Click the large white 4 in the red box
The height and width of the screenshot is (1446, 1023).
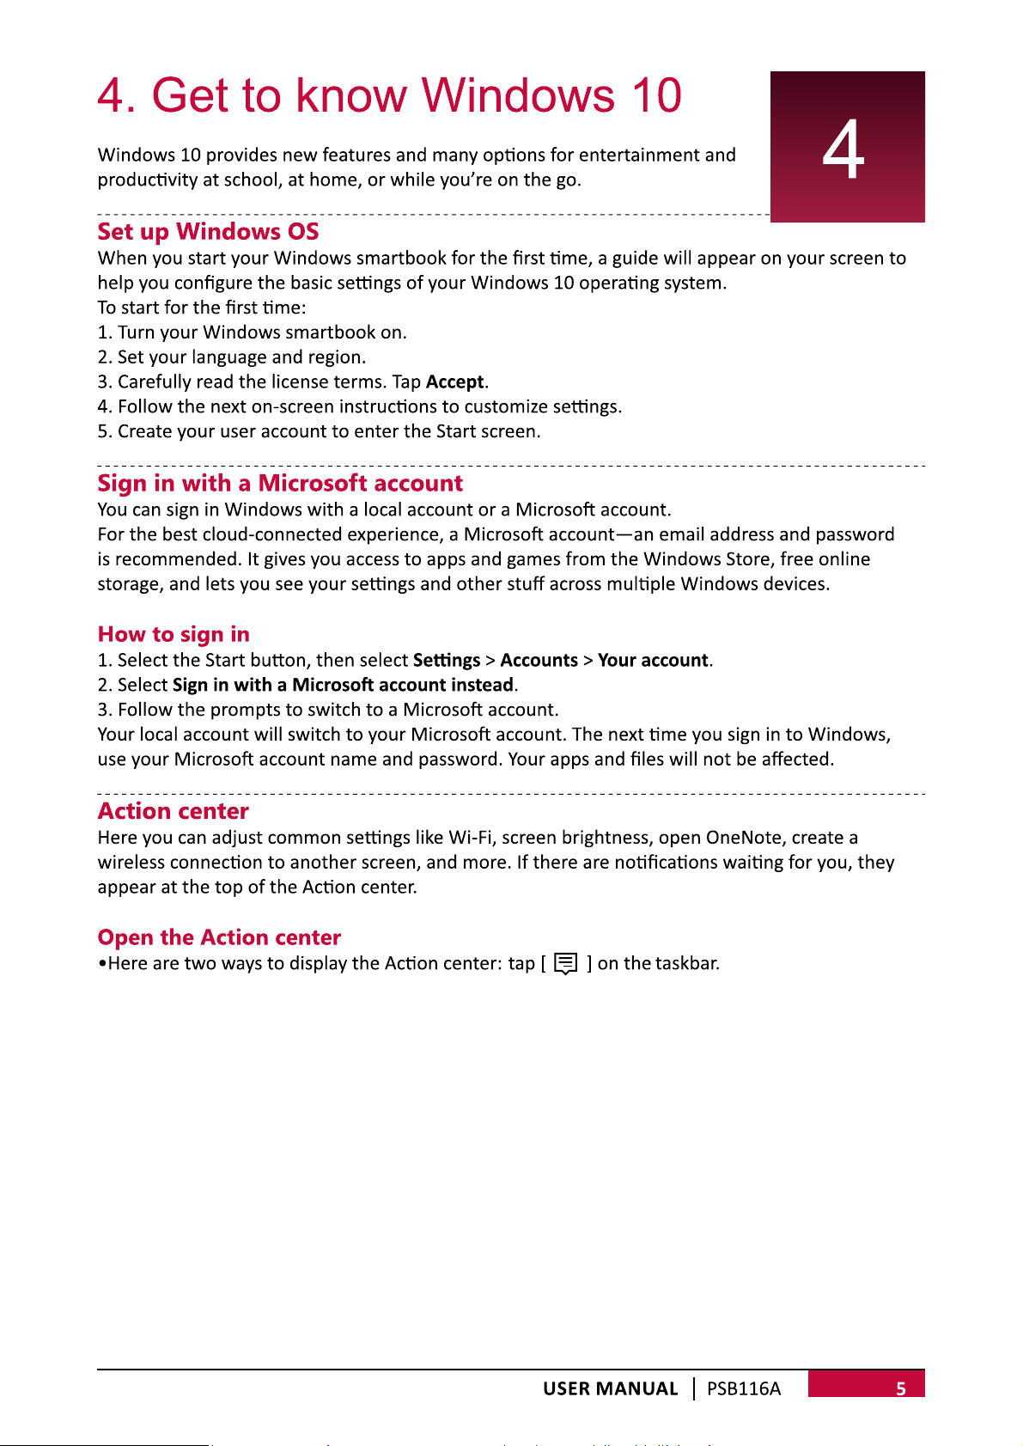pyautogui.click(x=843, y=150)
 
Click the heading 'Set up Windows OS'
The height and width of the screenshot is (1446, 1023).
pyautogui.click(x=208, y=232)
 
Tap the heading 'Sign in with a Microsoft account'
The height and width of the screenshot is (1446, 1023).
pyautogui.click(x=280, y=484)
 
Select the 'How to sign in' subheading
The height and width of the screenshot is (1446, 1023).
pyautogui.click(x=174, y=635)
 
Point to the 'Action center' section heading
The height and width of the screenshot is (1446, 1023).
pyautogui.click(x=173, y=812)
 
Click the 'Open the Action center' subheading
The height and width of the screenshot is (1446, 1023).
pyautogui.click(x=219, y=937)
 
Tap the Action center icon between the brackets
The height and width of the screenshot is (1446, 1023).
pyautogui.click(x=565, y=964)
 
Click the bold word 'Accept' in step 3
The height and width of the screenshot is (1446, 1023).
pyautogui.click(x=455, y=382)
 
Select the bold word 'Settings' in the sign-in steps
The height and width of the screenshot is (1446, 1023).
pyautogui.click(x=447, y=661)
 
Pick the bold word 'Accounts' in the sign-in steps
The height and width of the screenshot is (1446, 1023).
pyautogui.click(x=539, y=661)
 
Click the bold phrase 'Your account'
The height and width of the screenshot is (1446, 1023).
pyautogui.click(x=653, y=661)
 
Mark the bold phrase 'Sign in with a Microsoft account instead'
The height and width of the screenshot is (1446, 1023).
pyautogui.click(x=343, y=686)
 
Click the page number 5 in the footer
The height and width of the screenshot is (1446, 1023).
pyautogui.click(x=901, y=1388)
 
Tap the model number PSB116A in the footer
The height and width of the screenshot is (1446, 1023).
pyautogui.click(x=744, y=1388)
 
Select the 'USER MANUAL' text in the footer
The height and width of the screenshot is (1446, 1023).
pyautogui.click(x=610, y=1388)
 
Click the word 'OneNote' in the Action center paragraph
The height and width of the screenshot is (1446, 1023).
pyautogui.click(x=744, y=838)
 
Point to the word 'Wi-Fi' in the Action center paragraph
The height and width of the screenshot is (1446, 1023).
pyautogui.click(x=470, y=838)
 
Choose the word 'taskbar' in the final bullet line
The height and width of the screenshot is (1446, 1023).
pyautogui.click(x=685, y=964)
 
